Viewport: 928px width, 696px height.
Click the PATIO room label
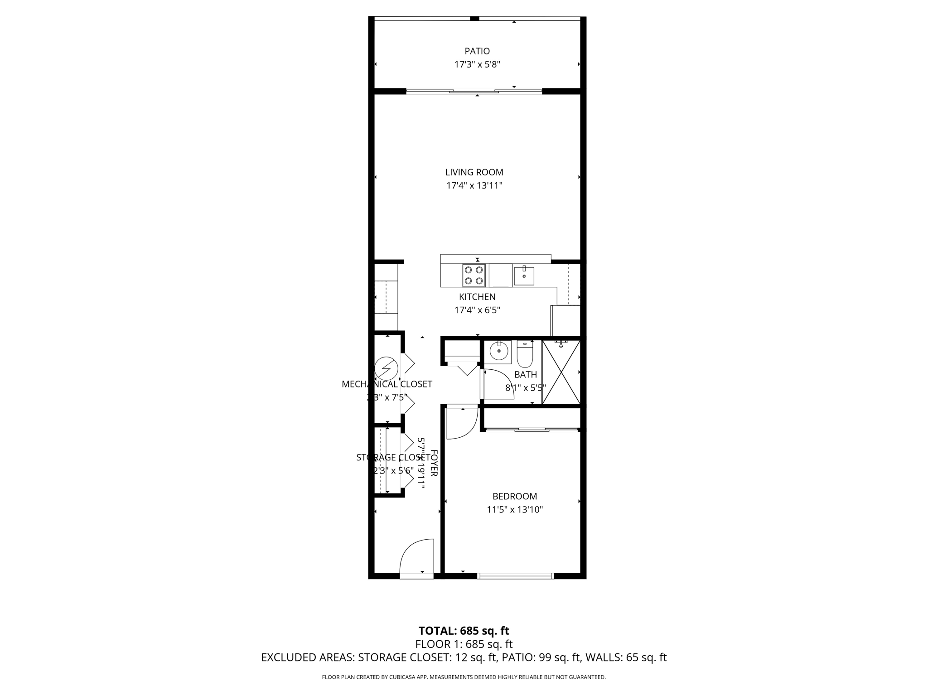click(x=477, y=51)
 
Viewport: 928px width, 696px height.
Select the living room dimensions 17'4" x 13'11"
click(x=474, y=185)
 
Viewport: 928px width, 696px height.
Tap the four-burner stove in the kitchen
click(x=474, y=275)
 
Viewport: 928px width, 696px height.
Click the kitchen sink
click(x=524, y=275)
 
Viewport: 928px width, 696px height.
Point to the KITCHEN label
click(x=477, y=297)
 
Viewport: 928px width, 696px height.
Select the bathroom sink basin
click(x=499, y=351)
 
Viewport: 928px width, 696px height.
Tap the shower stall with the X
click(x=561, y=372)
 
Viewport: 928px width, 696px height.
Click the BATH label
click(x=526, y=375)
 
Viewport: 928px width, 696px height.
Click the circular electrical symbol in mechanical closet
click(x=387, y=368)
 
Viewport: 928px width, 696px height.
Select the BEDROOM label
click(x=515, y=496)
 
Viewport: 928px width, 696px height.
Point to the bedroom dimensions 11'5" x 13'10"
click(x=515, y=510)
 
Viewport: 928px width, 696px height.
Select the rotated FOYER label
click(x=434, y=463)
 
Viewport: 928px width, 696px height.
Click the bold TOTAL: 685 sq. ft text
click(x=464, y=631)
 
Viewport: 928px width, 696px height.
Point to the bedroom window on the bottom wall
click(x=515, y=576)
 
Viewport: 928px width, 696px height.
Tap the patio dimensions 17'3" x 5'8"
click(x=477, y=64)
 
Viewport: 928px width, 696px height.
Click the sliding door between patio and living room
click(x=474, y=92)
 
